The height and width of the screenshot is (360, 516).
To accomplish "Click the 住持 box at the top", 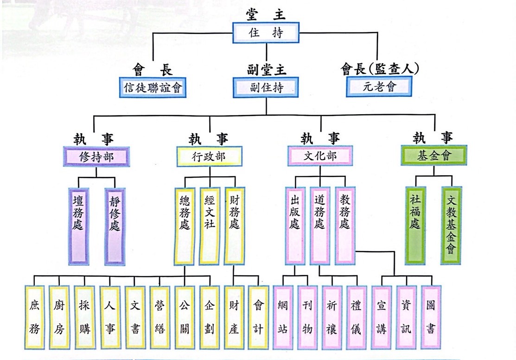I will pyautogui.click(x=266, y=33).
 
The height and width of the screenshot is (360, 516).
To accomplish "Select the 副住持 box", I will pyautogui.click(x=266, y=87).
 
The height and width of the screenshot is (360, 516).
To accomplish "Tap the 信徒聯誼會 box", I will pyautogui.click(x=153, y=87).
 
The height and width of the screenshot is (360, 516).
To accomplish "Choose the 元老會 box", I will pyautogui.click(x=378, y=87).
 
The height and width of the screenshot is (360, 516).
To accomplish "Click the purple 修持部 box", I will pyautogui.click(x=96, y=156).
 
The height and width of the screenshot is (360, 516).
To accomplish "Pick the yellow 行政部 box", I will pyautogui.click(x=209, y=156).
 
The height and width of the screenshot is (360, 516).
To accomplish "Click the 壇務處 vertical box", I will pyautogui.click(x=78, y=226).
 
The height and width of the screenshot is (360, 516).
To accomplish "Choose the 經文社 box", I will pyautogui.click(x=210, y=225).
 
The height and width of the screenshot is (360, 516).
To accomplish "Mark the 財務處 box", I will pyautogui.click(x=235, y=225).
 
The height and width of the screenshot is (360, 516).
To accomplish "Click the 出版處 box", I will pyautogui.click(x=295, y=225).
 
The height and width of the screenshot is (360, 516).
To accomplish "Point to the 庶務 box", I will pyautogui.click(x=35, y=317).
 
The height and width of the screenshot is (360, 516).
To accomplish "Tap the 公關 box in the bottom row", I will pyautogui.click(x=185, y=317).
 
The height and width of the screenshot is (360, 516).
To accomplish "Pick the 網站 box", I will pyautogui.click(x=283, y=317).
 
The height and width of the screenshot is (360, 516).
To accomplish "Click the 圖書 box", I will pyautogui.click(x=430, y=317).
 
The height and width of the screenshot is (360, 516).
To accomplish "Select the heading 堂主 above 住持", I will pyautogui.click(x=266, y=14).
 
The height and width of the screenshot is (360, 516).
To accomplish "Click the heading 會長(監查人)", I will pyautogui.click(x=380, y=70).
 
